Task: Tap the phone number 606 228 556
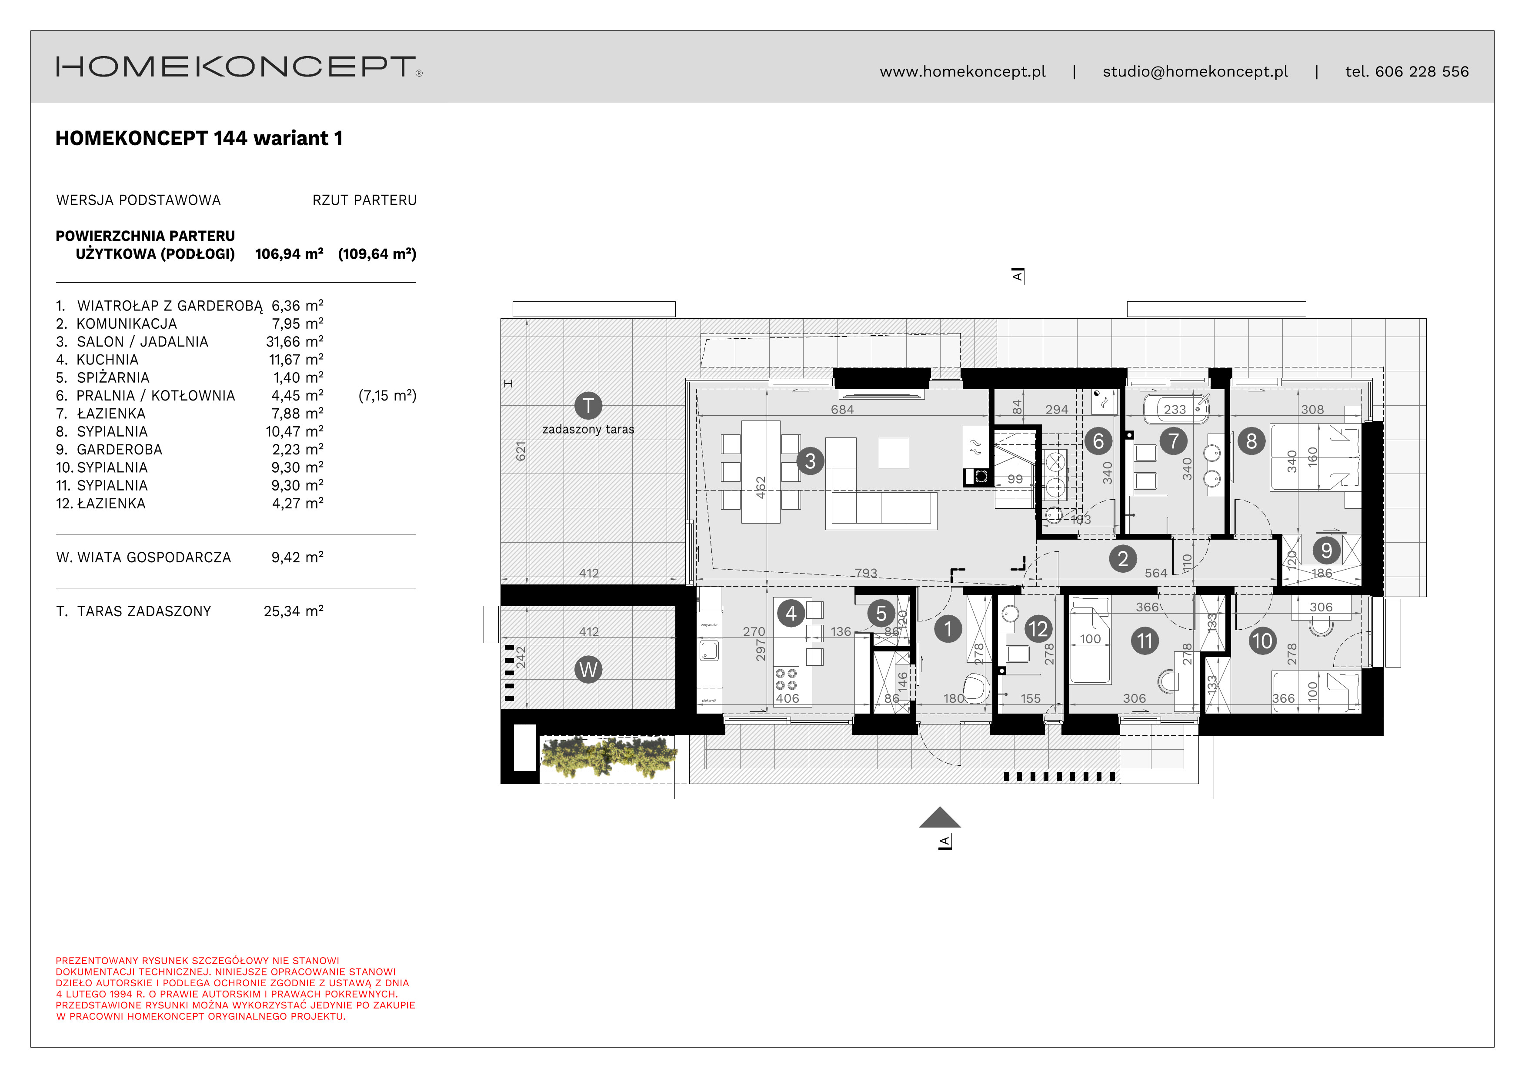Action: pos(1422,72)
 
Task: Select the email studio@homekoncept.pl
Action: pos(1195,72)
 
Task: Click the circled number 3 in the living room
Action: pos(810,461)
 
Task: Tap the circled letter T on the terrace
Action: pos(588,405)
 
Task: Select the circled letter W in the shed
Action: pos(588,670)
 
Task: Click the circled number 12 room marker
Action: pos(1038,629)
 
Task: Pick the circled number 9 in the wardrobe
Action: pos(1326,550)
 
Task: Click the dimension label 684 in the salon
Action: pos(842,410)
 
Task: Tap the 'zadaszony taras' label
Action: pos(588,430)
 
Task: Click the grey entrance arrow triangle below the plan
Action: pos(939,818)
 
